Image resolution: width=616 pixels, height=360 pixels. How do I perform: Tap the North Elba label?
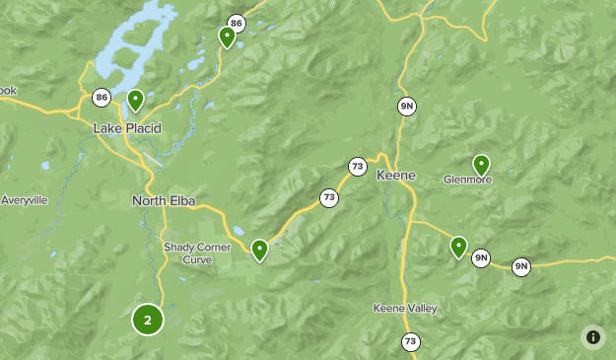[164, 201]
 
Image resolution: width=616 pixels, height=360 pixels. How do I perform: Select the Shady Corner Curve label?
[190, 253]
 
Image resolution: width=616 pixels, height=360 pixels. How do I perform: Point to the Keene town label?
[396, 176]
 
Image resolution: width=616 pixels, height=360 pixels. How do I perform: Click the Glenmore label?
[467, 180]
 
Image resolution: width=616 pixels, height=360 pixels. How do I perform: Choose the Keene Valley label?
[404, 309]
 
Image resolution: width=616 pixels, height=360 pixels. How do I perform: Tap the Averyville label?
[24, 200]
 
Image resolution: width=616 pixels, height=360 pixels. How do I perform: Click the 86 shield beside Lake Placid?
[102, 97]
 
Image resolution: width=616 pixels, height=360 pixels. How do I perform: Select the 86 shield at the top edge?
[236, 23]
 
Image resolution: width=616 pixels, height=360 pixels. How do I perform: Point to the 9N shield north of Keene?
[407, 106]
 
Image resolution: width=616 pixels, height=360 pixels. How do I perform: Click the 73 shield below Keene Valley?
[410, 341]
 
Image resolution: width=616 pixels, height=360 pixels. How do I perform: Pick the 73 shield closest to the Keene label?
[357, 167]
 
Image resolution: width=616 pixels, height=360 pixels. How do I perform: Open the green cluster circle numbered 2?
[147, 320]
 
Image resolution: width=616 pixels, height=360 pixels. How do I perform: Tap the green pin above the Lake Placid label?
[135, 100]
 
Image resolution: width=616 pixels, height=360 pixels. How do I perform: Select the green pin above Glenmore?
[481, 164]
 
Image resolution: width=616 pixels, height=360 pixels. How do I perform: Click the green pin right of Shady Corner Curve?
[259, 250]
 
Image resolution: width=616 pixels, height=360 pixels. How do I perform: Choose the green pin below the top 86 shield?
[227, 37]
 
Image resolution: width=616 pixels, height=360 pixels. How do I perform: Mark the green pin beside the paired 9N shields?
[458, 247]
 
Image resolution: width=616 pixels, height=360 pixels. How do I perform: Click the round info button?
[592, 336]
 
